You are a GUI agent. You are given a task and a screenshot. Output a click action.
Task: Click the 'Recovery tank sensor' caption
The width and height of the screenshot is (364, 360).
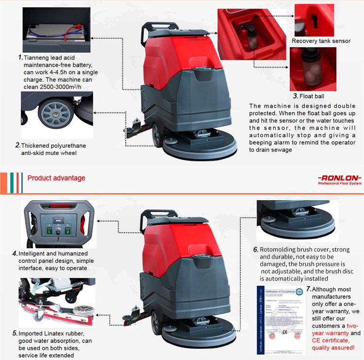coord(321,41)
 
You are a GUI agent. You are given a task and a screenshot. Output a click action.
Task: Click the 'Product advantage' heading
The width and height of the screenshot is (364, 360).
coord(56,178)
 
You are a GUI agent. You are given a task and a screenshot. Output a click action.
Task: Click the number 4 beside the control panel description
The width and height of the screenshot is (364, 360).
coord(15,254)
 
